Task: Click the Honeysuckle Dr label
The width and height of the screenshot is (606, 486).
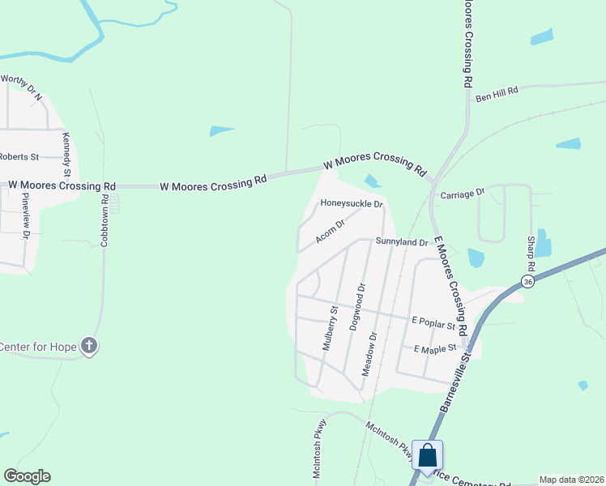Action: (x=351, y=203)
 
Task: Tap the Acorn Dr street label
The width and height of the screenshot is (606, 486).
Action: (x=331, y=230)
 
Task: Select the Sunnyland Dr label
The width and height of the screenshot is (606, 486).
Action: (x=401, y=242)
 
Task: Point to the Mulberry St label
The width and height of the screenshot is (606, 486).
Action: (x=330, y=326)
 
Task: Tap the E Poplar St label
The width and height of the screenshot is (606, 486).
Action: (x=433, y=324)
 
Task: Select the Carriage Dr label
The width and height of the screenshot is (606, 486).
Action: (x=462, y=194)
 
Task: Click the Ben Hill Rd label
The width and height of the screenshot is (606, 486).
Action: (x=496, y=96)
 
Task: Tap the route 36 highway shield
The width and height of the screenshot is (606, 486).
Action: (x=528, y=281)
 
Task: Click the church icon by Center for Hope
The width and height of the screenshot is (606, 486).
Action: (x=89, y=347)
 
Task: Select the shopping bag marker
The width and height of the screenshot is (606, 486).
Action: (x=427, y=455)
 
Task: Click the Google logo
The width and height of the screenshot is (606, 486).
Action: (x=27, y=476)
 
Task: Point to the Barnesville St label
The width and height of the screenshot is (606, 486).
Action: (x=455, y=381)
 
